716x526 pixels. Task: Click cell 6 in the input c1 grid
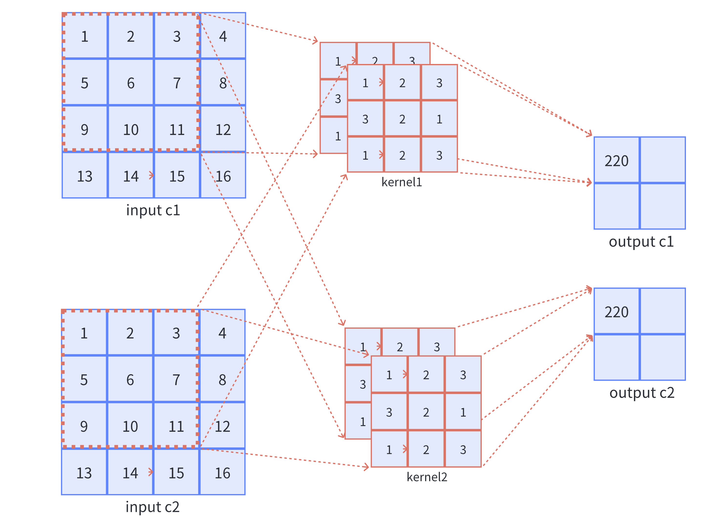131,83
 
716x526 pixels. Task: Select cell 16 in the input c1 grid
223,176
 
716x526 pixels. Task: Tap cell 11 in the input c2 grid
176,426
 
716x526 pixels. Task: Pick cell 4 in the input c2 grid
222,333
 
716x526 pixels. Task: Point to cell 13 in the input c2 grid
84,473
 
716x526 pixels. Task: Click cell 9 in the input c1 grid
85,129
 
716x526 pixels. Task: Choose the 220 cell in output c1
616,160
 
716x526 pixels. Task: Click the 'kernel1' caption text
402,182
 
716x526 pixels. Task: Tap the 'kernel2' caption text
427,477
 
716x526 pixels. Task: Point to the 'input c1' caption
153,210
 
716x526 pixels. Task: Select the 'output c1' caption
641,242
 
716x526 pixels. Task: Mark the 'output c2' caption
642,393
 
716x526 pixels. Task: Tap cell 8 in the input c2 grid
222,379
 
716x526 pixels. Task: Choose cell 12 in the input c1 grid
223,129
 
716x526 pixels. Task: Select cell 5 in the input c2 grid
84,379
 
